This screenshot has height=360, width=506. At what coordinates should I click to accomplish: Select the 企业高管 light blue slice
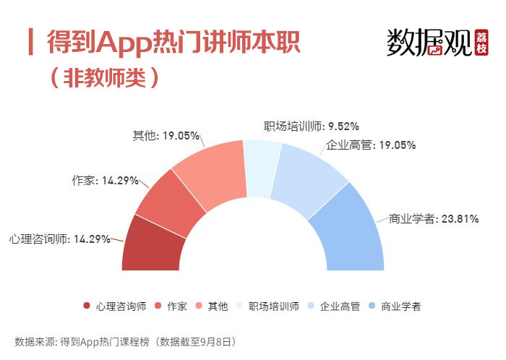tap(311, 178)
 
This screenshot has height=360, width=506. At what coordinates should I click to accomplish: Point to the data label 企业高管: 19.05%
tap(372, 145)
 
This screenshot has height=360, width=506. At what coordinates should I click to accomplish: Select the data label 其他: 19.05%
tap(164, 134)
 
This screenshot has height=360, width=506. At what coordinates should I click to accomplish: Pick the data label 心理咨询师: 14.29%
tap(59, 239)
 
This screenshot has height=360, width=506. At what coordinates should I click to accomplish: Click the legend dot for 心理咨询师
tap(87, 306)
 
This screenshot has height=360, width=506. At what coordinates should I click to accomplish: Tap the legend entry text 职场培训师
tap(273, 306)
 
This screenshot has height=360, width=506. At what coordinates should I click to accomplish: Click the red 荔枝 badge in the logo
tap(482, 44)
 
